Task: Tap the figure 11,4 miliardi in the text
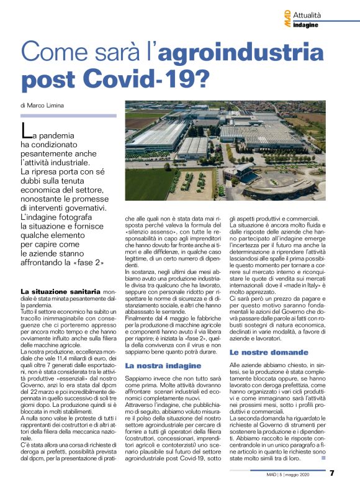tap(74, 350)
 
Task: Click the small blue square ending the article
tap(323, 458)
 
